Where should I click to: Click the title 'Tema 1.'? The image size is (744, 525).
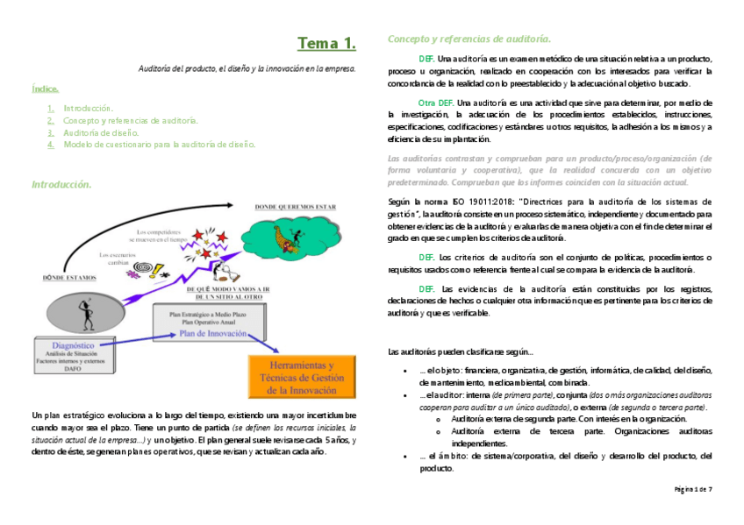(325, 43)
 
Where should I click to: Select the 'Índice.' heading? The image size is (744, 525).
(46, 89)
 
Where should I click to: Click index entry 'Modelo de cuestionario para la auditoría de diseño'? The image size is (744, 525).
(159, 144)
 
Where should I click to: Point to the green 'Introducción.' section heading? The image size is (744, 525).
(61, 185)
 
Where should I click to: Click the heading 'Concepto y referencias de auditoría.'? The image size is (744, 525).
(469, 39)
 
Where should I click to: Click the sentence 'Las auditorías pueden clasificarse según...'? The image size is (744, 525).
(460, 351)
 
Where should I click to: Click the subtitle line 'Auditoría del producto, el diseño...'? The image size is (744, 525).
(247, 67)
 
